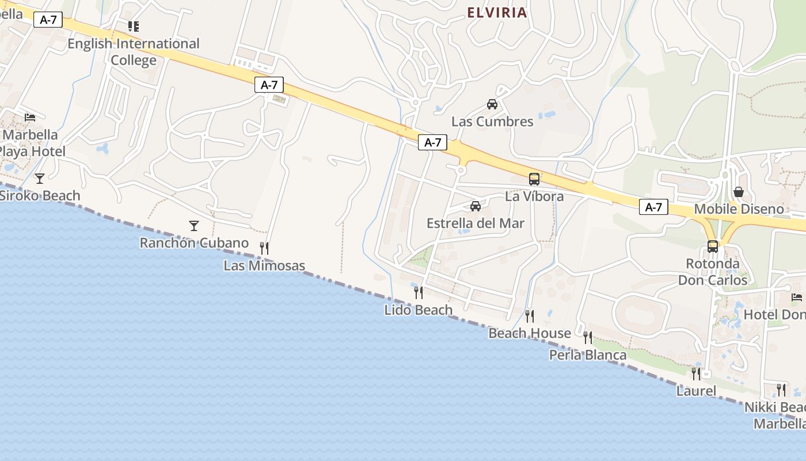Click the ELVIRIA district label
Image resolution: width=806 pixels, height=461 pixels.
click(x=497, y=13)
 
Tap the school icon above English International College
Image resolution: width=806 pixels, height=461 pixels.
click(x=134, y=26)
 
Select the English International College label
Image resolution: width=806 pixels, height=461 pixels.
click(x=134, y=52)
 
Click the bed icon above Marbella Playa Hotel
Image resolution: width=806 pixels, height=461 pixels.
click(x=30, y=117)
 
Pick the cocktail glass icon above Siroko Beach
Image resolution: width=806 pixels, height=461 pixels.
click(x=39, y=178)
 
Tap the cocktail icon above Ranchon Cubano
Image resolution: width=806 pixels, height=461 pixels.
click(x=194, y=225)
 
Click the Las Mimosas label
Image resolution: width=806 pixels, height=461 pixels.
click(x=264, y=266)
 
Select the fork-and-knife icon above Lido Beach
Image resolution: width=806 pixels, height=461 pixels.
click(x=419, y=292)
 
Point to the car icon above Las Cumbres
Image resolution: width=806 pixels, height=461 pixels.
click(x=492, y=104)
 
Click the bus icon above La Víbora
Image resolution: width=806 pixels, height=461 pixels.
click(x=534, y=179)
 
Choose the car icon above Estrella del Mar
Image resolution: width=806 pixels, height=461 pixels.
click(x=476, y=206)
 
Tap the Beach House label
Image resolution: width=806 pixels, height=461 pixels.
click(x=530, y=333)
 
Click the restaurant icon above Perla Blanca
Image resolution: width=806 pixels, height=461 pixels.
click(x=588, y=337)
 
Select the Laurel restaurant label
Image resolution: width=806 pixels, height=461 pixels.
click(x=696, y=391)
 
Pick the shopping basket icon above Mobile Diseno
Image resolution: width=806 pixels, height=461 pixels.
click(x=739, y=191)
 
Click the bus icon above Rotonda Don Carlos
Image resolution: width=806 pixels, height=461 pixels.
click(x=713, y=246)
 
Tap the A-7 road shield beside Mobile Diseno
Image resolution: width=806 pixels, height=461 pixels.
click(x=653, y=207)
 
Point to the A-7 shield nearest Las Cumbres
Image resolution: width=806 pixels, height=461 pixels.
click(x=432, y=142)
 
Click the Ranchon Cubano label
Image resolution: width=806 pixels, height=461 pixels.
click(x=194, y=243)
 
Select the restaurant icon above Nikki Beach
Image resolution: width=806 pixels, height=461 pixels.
click(x=781, y=390)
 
